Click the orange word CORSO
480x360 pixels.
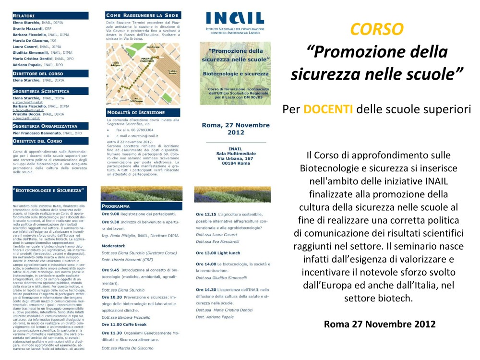point(376,29)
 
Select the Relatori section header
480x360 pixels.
point(26,16)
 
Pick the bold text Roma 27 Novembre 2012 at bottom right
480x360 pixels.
point(379,324)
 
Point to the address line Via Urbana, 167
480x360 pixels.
point(235,158)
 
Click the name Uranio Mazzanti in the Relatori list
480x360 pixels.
point(28,29)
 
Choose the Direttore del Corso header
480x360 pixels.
point(38,73)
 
